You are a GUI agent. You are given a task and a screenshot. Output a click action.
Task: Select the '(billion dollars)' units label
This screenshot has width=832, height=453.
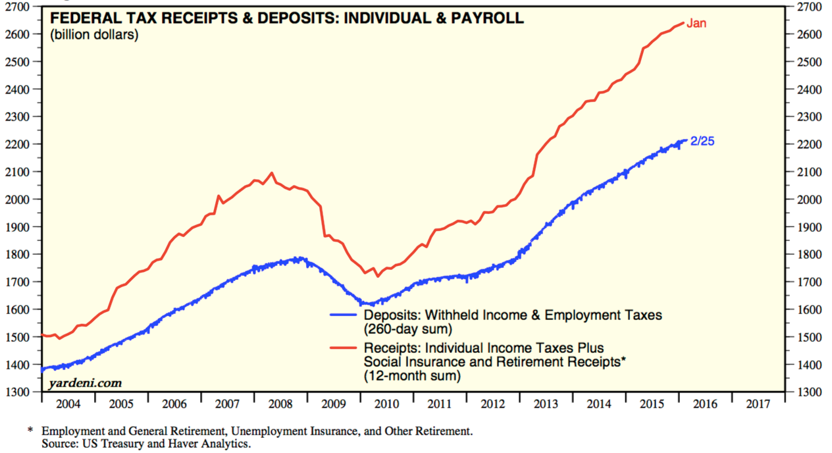pos(94,35)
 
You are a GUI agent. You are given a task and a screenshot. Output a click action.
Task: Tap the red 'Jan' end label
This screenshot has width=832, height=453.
pos(696,24)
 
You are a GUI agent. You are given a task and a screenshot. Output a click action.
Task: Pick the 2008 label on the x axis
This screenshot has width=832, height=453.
pos(281,403)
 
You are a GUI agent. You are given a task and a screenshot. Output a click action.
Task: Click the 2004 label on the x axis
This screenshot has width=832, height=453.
pos(68,403)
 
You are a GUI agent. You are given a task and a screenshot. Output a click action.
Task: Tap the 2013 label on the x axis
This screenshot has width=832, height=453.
pos(547,403)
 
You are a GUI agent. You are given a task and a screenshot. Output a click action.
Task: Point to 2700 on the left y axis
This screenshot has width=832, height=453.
pos(20,7)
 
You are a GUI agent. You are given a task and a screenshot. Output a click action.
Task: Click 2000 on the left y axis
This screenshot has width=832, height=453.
pos(20,200)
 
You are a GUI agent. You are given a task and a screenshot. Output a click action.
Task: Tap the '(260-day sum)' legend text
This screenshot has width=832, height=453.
pos(402,328)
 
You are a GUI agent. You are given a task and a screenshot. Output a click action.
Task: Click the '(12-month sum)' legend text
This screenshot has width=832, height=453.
pos(404,376)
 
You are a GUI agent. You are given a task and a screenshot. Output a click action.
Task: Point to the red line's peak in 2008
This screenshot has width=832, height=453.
pos(272,173)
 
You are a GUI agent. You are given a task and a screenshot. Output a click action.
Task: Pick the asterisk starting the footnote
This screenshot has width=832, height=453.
pos(30,431)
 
